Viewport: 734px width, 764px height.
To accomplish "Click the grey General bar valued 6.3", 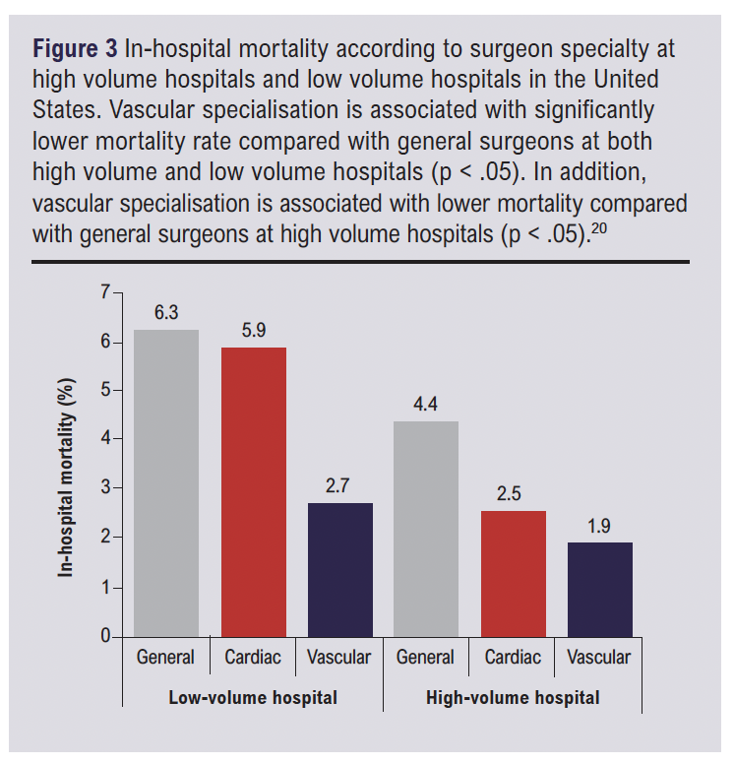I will click(166, 483).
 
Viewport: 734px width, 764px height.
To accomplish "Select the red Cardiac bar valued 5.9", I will click(253, 492).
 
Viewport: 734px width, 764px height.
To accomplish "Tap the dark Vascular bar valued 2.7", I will click(339, 570).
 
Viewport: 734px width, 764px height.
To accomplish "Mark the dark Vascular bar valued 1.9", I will click(599, 590).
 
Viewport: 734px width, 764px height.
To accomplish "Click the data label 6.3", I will click(166, 314).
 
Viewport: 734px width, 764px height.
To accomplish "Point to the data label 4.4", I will click(426, 405).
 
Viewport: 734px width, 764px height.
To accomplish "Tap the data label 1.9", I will click(599, 526).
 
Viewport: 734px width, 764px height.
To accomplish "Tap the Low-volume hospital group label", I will click(253, 698).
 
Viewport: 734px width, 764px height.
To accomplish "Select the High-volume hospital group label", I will click(513, 698).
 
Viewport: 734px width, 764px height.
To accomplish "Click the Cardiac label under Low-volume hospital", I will click(253, 657).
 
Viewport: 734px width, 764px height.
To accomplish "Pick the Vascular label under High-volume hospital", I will click(599, 657).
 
